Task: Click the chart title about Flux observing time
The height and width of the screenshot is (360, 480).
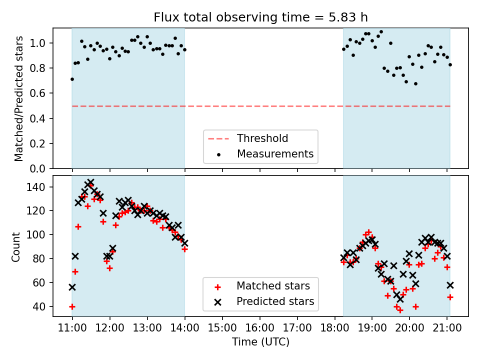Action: point(260,17)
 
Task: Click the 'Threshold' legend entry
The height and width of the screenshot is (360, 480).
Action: point(262,138)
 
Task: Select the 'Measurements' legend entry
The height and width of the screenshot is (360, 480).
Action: point(275,153)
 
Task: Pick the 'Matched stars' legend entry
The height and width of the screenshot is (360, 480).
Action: point(273,286)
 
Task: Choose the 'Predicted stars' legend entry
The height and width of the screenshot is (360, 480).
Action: point(275,301)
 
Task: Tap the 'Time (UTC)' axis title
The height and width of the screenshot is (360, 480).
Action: point(260,342)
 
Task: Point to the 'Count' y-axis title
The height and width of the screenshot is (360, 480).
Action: point(16,246)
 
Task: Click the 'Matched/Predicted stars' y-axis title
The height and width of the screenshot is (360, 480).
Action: point(19,98)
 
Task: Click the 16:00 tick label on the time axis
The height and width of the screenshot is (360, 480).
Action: point(260,328)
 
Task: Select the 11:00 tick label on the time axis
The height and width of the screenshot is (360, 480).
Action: point(72,328)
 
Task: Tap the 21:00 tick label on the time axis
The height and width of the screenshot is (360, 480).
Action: point(447,328)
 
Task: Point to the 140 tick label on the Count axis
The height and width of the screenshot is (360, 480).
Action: point(40,187)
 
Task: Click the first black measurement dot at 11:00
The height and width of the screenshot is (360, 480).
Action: point(72,79)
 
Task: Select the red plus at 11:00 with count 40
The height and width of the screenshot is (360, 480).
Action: point(72,306)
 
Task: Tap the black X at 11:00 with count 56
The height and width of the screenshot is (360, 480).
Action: point(72,287)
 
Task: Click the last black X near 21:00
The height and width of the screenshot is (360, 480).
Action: point(450,285)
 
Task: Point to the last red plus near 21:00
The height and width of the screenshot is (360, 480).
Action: point(450,297)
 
